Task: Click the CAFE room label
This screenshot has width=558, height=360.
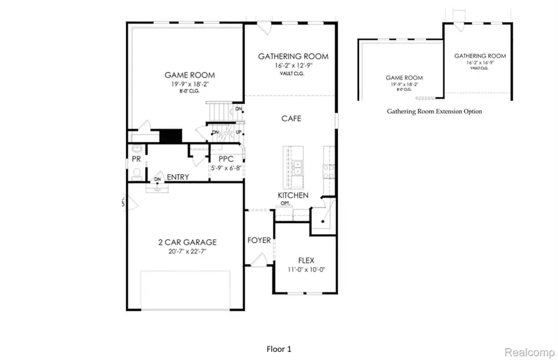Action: tap(291, 118)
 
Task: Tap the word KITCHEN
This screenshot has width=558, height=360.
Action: tap(293, 195)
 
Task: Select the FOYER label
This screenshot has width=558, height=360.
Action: tap(259, 240)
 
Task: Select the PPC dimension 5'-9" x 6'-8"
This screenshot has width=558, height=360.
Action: tap(225, 167)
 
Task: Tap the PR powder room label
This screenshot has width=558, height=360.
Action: tap(136, 159)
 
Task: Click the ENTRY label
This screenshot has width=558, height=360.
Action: tap(178, 177)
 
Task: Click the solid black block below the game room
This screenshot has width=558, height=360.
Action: tap(170, 136)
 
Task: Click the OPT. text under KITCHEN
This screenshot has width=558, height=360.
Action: tap(285, 203)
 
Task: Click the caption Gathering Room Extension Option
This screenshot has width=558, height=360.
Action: tap(434, 112)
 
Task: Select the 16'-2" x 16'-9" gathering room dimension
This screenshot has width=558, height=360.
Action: tap(480, 63)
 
